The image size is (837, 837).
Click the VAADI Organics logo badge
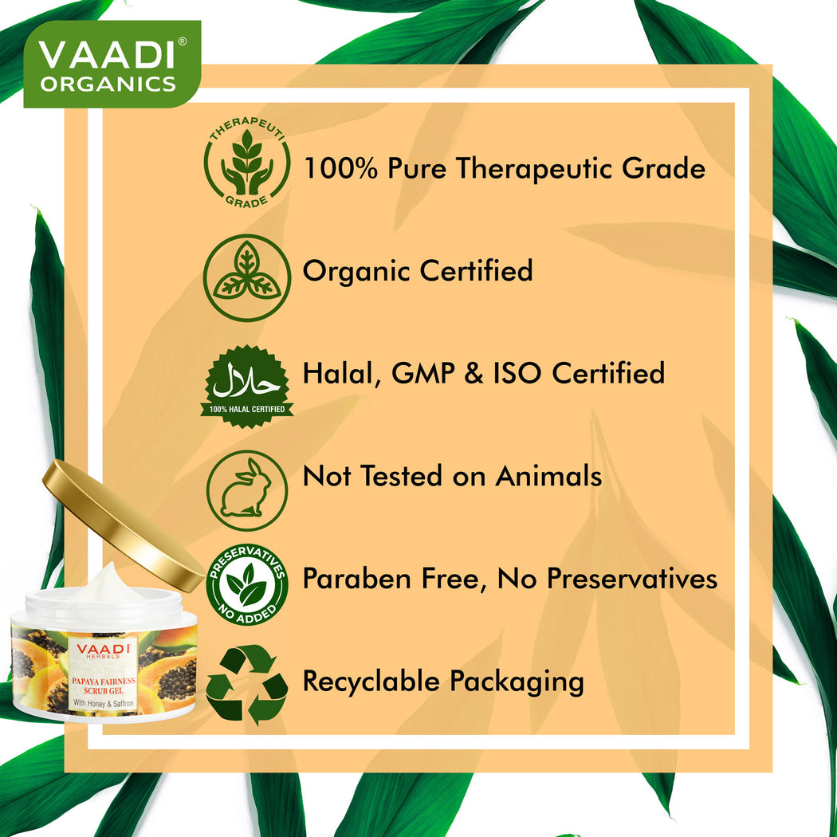tap(112, 64)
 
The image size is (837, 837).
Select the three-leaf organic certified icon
tap(246, 277)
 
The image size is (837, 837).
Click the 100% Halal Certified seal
tap(246, 385)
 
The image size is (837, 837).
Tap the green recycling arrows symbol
tap(246, 685)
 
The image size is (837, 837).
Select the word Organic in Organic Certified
tap(357, 272)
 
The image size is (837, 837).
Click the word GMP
tap(423, 372)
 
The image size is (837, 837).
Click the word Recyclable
tap(371, 681)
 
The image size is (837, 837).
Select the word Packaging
tap(517, 682)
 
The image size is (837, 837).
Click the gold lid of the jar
tap(123, 526)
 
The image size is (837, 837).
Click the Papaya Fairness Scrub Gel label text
tap(104, 686)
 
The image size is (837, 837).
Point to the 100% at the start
tap(340, 168)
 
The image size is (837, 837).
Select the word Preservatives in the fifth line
tap(632, 578)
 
